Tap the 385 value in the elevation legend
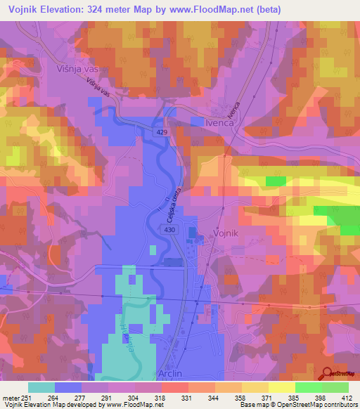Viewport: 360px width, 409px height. coord(283,397)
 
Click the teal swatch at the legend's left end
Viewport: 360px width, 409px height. coord(42,387)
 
